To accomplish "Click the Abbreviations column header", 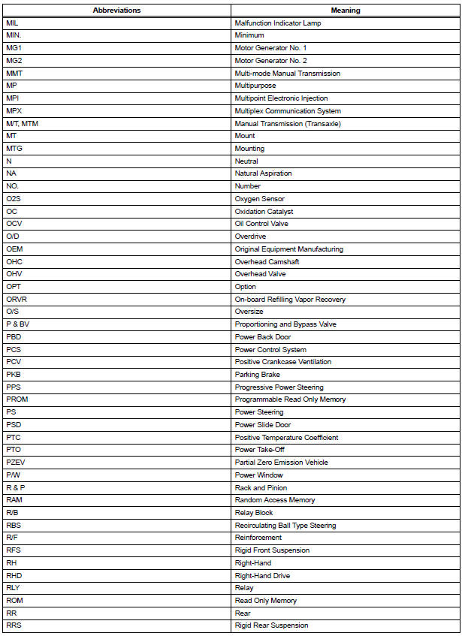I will (116, 11).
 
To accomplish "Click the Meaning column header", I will (346, 11).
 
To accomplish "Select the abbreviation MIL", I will (12, 23).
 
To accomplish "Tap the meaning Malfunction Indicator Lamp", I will (278, 23).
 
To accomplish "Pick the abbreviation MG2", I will (14, 61).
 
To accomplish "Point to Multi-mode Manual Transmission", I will (288, 74).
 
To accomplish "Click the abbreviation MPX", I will (14, 111).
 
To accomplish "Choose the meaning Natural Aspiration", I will (264, 173).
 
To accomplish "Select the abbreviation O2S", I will (14, 199).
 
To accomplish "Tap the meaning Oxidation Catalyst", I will (264, 212).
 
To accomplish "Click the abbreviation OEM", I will (14, 249).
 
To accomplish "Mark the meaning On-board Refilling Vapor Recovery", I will (290, 300).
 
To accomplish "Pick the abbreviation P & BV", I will (18, 324).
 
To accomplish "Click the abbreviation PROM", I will (17, 399).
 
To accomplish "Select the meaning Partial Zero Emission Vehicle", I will (282, 463).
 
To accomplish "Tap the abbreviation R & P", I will (16, 487).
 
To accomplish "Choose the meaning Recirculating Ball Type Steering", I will (285, 526).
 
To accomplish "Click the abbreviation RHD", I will (14, 576).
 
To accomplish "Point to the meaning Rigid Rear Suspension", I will (271, 625).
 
